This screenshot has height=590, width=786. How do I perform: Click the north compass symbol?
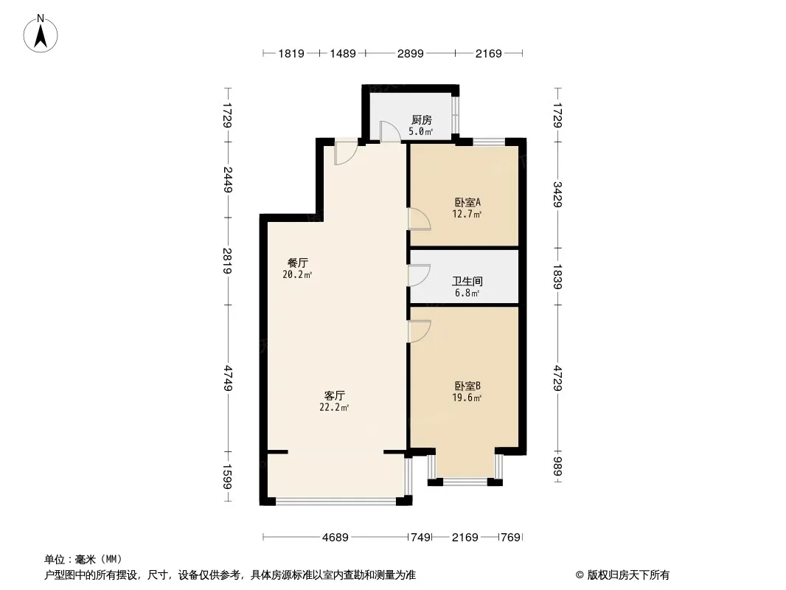pos(41,32)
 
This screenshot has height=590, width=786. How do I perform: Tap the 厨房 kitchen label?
pos(421,120)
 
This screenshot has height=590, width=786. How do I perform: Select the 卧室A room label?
pos(467,202)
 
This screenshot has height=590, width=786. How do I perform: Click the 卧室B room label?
pos(467,386)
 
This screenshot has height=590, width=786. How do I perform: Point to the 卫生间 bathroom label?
pos(467,281)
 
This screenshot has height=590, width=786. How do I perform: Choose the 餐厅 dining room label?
pos(297,263)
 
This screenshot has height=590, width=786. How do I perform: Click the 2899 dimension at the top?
pos(410,53)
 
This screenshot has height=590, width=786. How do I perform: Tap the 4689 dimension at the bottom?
pos(335,537)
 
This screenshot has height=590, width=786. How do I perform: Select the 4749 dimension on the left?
pos(229,378)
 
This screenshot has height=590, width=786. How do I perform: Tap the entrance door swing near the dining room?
pos(344,153)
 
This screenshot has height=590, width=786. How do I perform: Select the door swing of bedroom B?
pos(419,330)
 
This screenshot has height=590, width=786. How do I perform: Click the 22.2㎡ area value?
pos(334,407)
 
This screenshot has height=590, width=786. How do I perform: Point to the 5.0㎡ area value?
pos(421,132)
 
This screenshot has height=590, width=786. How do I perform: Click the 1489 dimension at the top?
pos(343,53)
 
